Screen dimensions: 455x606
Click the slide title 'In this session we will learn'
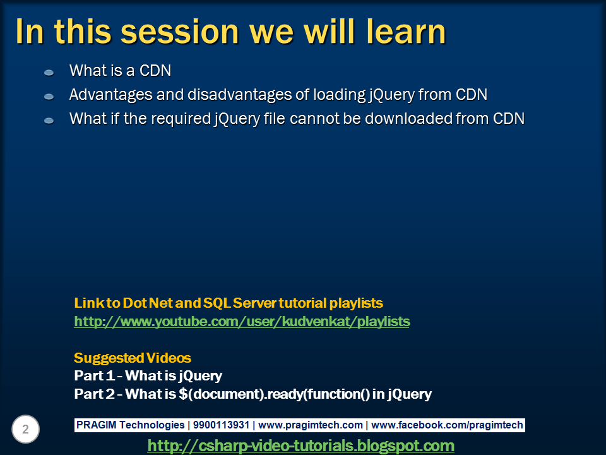(x=230, y=32)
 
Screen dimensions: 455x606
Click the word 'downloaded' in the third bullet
(x=400, y=118)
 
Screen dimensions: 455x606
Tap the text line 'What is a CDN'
(x=120, y=71)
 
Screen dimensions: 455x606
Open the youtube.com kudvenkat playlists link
(x=242, y=322)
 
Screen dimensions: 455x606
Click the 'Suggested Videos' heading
(x=133, y=358)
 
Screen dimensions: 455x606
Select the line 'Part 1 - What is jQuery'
(x=148, y=376)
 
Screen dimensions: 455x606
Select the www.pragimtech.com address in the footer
(x=311, y=425)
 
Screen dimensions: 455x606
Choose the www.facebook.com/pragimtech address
(x=447, y=425)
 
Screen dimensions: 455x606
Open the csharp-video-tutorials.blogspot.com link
(x=300, y=446)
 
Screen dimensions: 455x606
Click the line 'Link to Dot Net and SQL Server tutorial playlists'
(x=229, y=303)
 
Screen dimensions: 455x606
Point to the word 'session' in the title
(x=180, y=32)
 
